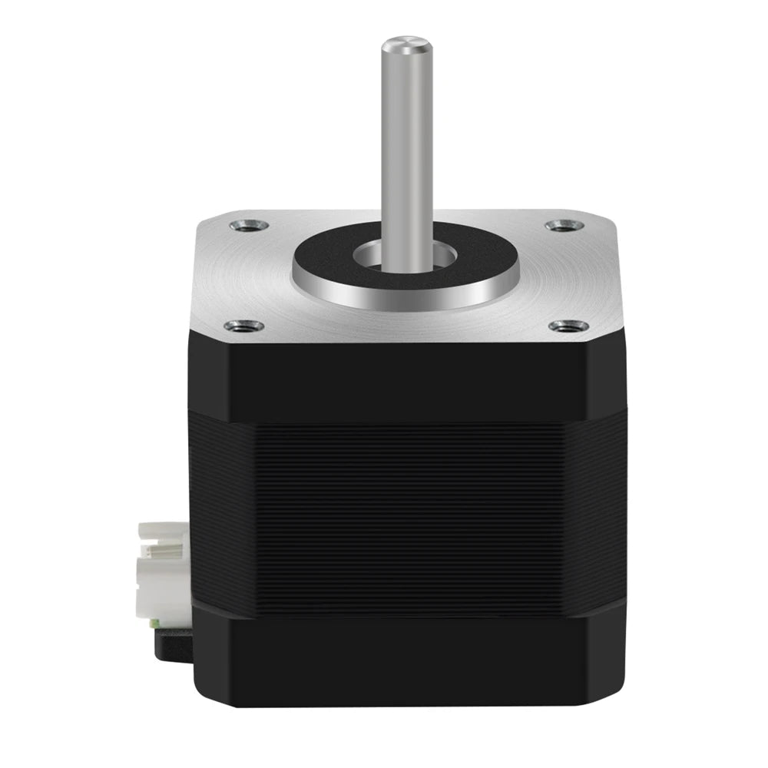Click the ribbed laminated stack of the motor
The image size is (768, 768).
coord(407,507)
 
